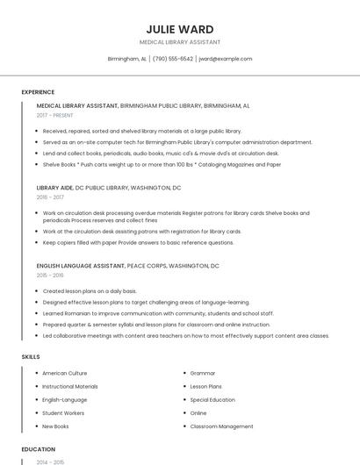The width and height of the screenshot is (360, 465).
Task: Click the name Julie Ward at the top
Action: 180,29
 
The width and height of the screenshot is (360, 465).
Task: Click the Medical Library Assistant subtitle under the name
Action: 180,42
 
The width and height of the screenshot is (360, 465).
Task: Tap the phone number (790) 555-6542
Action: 173,59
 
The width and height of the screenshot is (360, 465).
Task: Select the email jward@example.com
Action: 226,59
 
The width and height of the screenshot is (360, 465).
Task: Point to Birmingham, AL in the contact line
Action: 126,59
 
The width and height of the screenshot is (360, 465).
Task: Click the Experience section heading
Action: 38,92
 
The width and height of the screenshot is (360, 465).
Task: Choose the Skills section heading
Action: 31,357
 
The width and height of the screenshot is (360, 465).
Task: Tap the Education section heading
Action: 39,449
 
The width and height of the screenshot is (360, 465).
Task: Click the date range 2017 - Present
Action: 55,115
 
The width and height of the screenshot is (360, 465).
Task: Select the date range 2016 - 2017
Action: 50,197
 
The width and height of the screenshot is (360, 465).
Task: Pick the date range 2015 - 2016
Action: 50,275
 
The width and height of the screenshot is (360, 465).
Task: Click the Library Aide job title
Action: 55,188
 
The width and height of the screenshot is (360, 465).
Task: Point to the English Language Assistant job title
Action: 81,265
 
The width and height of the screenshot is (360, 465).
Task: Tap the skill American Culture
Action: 65,373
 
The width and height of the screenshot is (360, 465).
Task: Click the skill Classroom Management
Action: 221,426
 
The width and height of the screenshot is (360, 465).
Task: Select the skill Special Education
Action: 212,399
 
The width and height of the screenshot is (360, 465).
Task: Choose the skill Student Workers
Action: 63,413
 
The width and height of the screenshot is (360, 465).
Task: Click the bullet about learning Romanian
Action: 158,313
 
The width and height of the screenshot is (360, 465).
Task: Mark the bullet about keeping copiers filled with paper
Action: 138,242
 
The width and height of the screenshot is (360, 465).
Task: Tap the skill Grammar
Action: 203,373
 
